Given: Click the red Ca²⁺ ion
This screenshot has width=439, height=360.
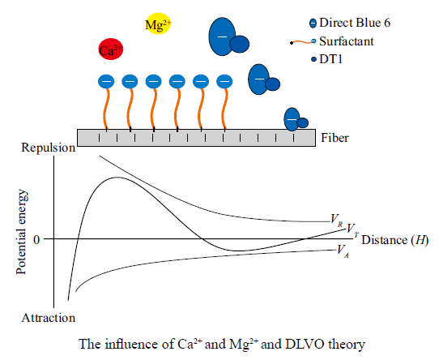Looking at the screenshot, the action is coord(111,49).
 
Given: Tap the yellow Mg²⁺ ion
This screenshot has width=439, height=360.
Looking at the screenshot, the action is coord(158,24).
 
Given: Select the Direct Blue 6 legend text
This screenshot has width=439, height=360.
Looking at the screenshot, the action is coord(355,23).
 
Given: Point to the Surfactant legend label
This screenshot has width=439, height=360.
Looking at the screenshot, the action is coord(347,41).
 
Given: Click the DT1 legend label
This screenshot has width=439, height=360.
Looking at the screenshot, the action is coord(331,59).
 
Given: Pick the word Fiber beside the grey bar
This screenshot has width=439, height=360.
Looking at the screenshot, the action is coord(335,138).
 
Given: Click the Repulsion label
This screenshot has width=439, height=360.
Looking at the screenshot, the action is coord(48,148).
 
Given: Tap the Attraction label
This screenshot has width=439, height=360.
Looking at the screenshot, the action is coord(48,318).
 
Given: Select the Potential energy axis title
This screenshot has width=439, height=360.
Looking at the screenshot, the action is coord(22,232).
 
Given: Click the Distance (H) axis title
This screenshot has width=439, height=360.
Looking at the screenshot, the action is coord(394,240).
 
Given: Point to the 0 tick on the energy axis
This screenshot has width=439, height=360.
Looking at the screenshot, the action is coord(36,240).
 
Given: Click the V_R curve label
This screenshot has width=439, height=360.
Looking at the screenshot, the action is coord(336,220).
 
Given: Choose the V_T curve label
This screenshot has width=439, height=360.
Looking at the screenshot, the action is coord(352,229).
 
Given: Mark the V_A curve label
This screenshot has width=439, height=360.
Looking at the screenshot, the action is coord(343,251).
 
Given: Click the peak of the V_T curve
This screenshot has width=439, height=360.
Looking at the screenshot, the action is coord(117,178).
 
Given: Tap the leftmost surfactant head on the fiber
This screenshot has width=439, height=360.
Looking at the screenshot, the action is coord(106,82).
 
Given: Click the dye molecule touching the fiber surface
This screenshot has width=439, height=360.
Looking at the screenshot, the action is coord(296,120).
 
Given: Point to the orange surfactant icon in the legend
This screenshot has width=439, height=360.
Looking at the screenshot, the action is coord(303,42).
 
